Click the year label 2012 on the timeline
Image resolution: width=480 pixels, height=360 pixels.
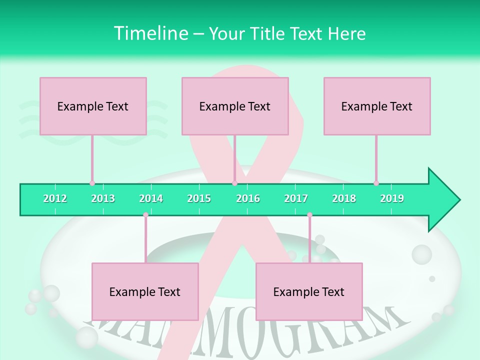pyautogui.click(x=55, y=198)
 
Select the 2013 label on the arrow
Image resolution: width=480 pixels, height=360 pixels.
pyautogui.click(x=103, y=198)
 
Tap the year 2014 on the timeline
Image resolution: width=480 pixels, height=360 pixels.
pyautogui.click(x=151, y=198)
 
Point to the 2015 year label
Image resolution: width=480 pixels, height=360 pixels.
pyautogui.click(x=199, y=198)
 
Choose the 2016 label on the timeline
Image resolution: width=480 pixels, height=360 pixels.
pyautogui.click(x=248, y=198)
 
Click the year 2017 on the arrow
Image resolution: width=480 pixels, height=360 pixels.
pyautogui.click(x=296, y=198)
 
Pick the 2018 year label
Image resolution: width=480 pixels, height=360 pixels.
pyautogui.click(x=344, y=198)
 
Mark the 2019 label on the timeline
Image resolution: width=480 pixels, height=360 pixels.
pyautogui.click(x=392, y=198)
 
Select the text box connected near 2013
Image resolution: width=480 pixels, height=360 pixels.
pyautogui.click(x=93, y=106)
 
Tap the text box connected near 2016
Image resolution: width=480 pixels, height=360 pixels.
pyautogui.click(x=235, y=106)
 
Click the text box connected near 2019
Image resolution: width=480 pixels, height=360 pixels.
pyautogui.click(x=377, y=106)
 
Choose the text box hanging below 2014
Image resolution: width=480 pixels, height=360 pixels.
pyautogui.click(x=145, y=291)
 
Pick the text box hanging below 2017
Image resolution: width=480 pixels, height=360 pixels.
pyautogui.click(x=309, y=291)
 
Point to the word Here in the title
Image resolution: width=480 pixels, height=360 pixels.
pyautogui.click(x=346, y=34)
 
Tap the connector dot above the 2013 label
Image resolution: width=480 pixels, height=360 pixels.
pyautogui.click(x=92, y=183)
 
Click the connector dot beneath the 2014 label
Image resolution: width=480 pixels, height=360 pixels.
pyautogui.click(x=145, y=215)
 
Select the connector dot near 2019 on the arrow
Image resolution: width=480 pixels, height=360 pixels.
pyautogui.click(x=376, y=183)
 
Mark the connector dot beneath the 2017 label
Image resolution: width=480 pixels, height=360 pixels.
pyautogui.click(x=309, y=215)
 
